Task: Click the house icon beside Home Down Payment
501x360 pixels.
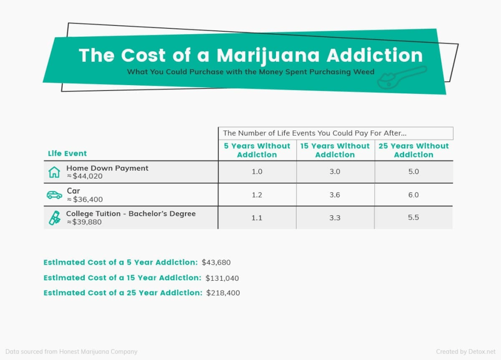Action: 54,172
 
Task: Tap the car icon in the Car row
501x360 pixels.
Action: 54,195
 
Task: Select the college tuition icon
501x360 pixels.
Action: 54,218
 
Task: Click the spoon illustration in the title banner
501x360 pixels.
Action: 401,77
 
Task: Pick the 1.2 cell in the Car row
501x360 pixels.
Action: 257,195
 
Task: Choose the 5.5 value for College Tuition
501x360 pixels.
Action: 413,217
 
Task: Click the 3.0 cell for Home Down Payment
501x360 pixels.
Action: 335,172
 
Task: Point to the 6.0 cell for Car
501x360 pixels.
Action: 413,195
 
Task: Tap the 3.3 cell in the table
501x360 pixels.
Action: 335,217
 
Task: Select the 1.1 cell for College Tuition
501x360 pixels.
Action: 257,217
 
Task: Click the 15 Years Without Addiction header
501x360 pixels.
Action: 335,150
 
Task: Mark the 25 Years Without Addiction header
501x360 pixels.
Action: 413,150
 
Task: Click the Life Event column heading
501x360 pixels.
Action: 68,154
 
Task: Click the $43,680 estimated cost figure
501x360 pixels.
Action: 216,263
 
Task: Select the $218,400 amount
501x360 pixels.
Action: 223,293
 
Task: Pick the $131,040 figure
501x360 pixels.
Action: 222,278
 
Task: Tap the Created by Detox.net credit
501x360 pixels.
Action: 466,352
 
